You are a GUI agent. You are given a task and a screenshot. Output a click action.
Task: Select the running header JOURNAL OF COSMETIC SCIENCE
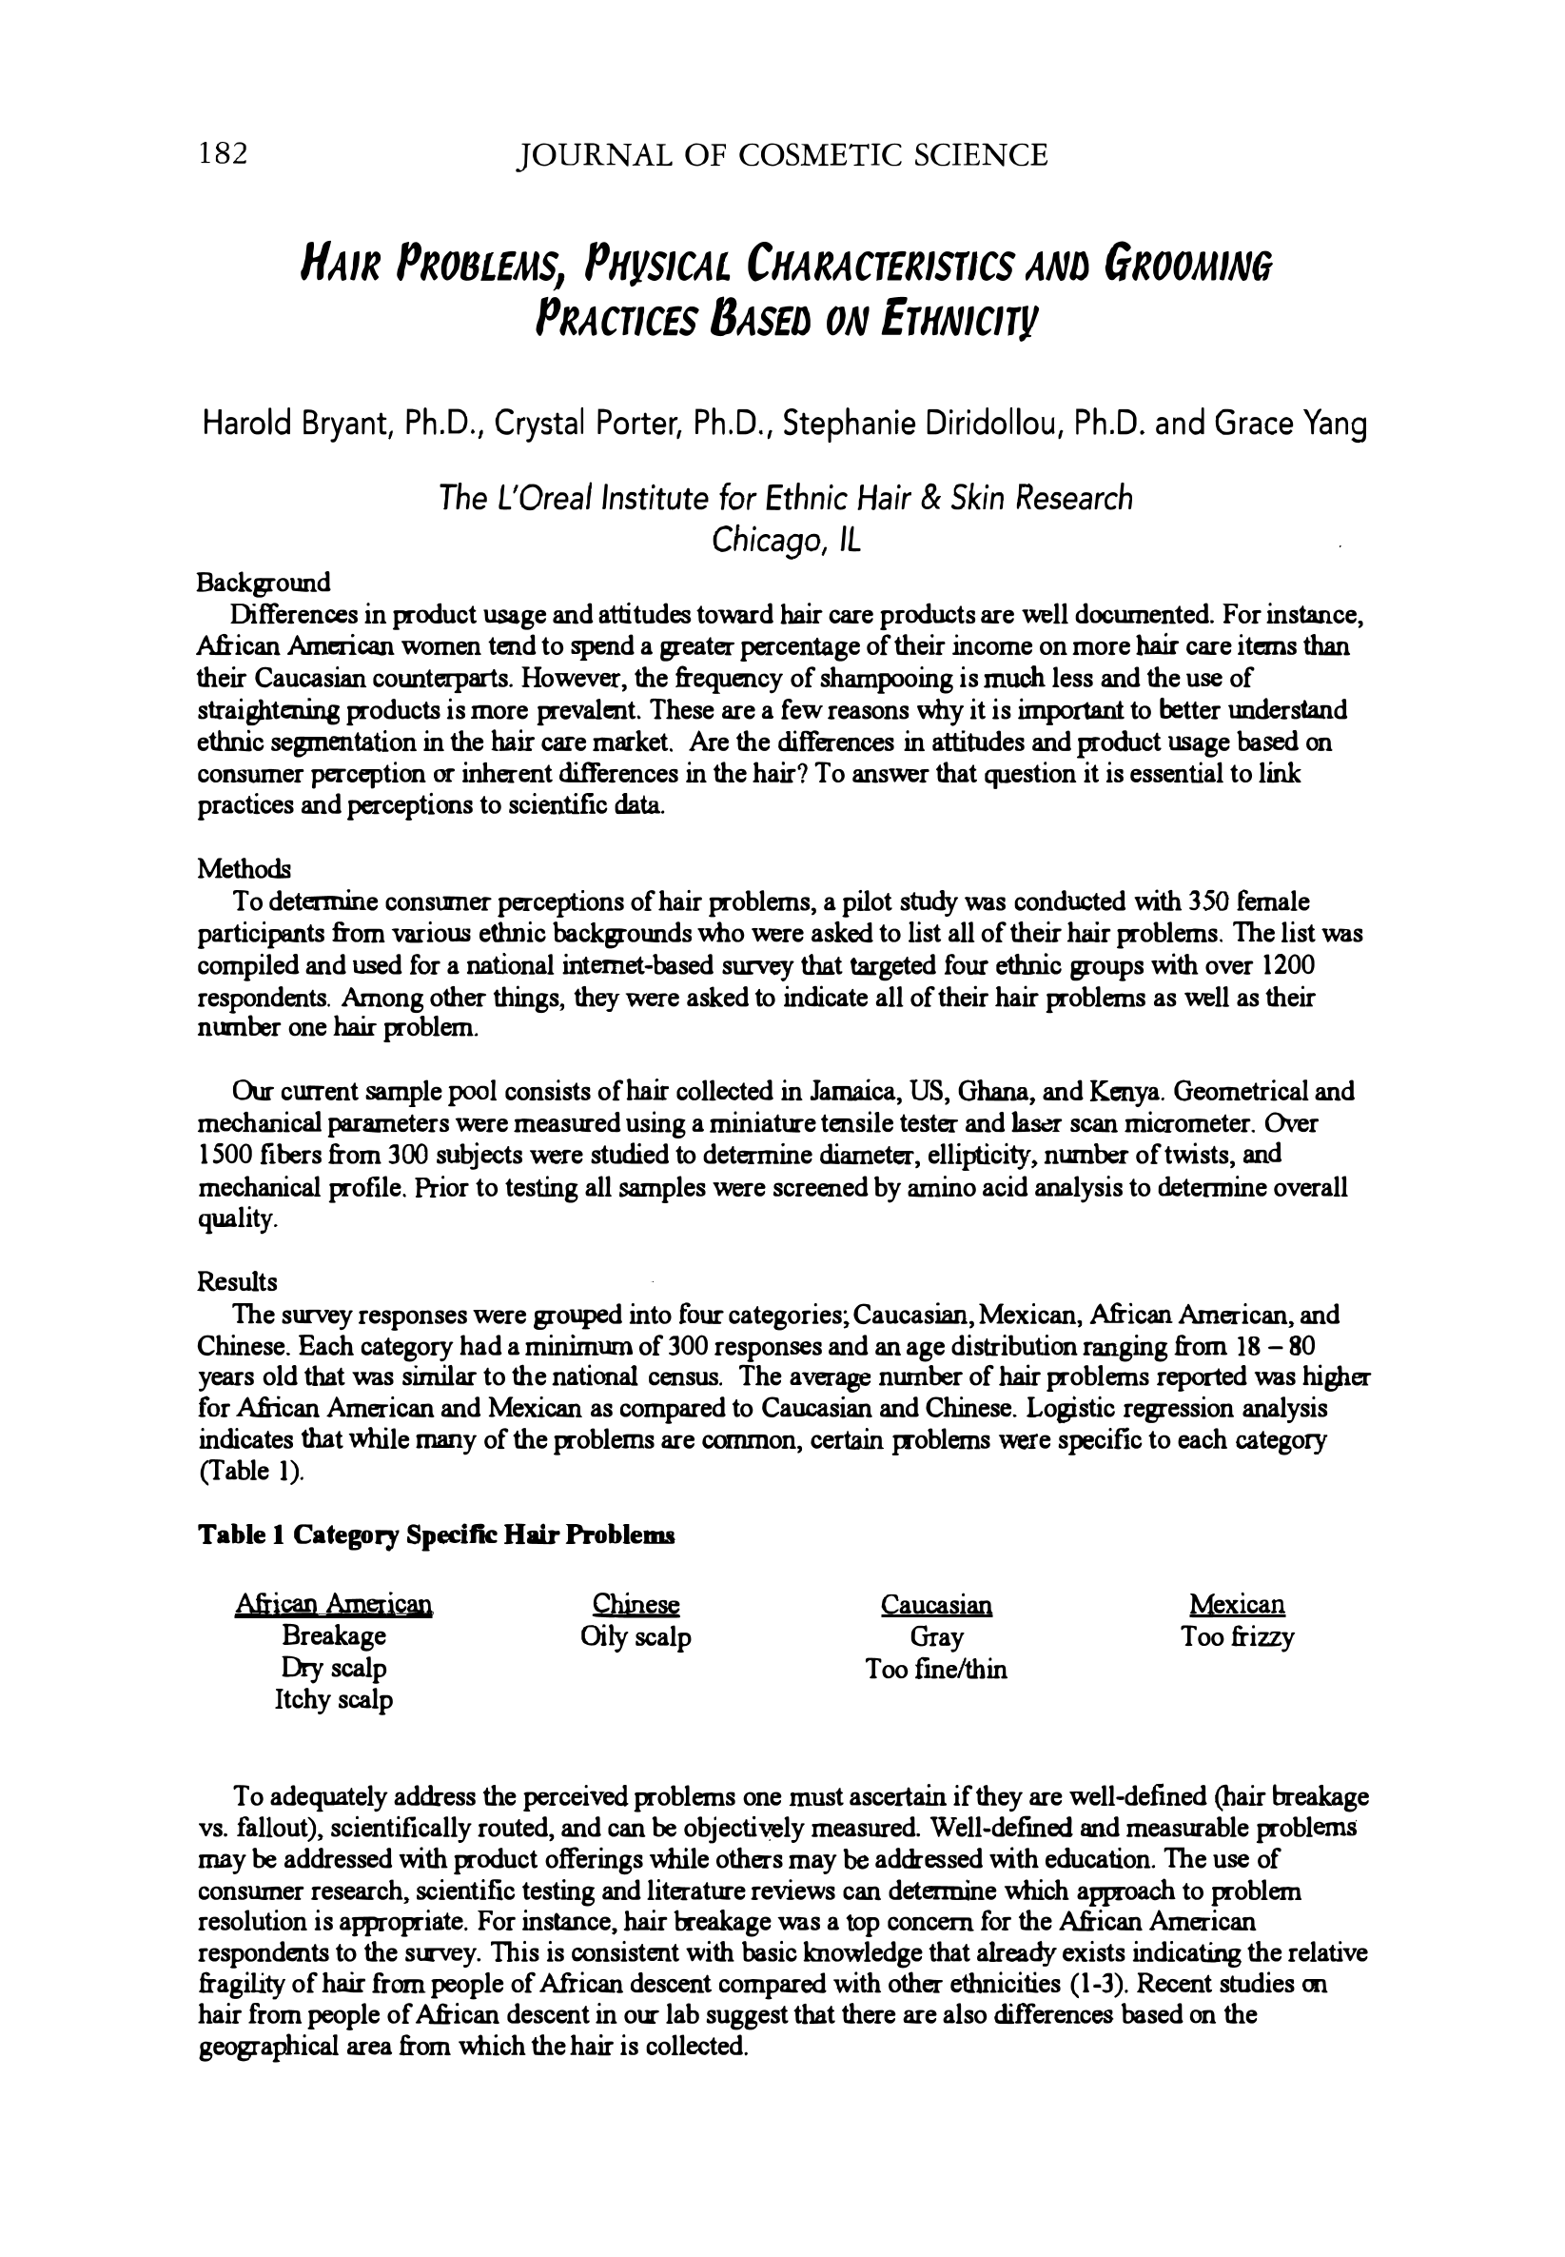(782, 155)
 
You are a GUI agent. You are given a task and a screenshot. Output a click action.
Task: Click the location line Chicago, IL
(786, 541)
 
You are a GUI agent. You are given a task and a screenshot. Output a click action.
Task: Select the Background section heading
(264, 583)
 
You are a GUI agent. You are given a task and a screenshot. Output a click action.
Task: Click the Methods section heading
(245, 869)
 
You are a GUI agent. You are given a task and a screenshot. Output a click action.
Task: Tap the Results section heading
(237, 1282)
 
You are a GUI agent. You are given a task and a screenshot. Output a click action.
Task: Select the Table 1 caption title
(437, 1535)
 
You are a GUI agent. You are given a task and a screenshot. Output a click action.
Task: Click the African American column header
(333, 1605)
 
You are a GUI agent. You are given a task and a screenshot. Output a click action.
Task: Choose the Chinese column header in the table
(636, 1605)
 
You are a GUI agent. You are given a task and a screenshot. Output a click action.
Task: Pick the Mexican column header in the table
(1237, 1605)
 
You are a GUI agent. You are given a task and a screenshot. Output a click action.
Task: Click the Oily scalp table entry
(636, 1637)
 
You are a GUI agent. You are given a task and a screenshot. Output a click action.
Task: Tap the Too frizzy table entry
(1238, 1637)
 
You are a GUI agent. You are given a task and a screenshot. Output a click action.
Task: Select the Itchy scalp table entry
(333, 1700)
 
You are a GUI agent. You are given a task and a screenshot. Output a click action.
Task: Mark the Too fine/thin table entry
(935, 1670)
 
